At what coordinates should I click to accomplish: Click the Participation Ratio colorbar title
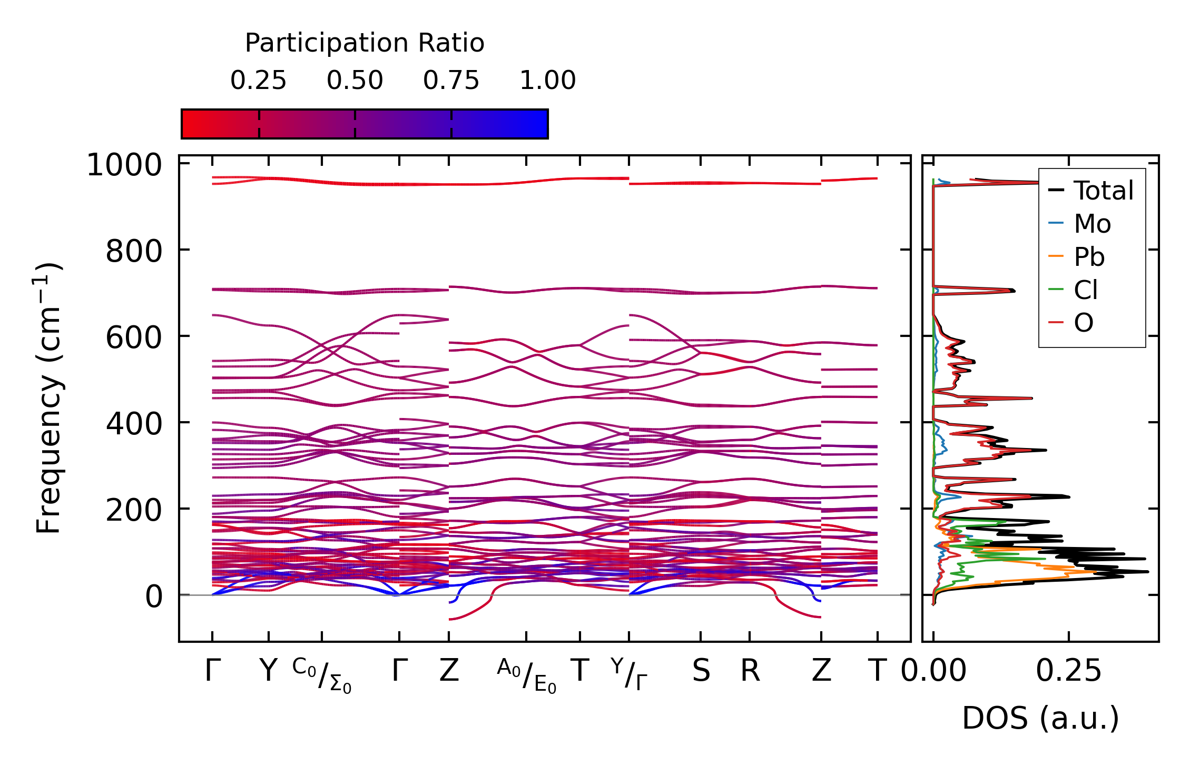tap(364, 43)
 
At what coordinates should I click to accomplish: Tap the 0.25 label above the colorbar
tap(258, 81)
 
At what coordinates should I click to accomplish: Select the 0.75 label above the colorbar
tap(451, 81)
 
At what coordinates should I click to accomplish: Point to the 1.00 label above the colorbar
tap(547, 81)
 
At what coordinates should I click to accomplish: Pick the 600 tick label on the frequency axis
tap(134, 337)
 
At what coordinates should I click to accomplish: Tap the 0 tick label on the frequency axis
tap(154, 597)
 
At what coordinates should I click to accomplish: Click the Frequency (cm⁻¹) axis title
tap(48, 398)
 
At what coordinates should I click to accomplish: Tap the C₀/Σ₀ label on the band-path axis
tap(322, 675)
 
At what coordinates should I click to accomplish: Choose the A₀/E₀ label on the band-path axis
tap(526, 675)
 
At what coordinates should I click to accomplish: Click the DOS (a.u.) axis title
tap(1040, 719)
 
